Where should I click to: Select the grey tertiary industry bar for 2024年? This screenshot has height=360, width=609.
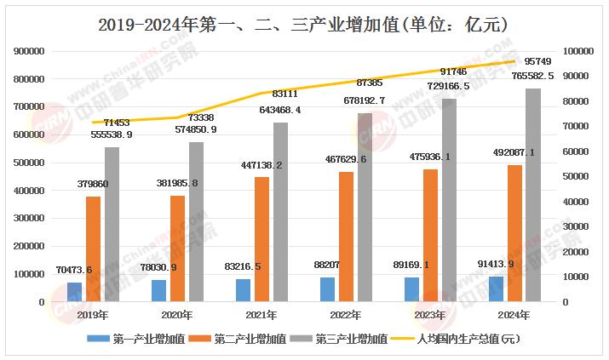532,195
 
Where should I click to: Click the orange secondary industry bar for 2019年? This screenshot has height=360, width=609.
92,249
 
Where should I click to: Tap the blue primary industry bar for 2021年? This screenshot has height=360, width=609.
242,290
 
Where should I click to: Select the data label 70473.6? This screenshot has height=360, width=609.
73,271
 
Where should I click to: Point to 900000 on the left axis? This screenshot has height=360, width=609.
30,51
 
